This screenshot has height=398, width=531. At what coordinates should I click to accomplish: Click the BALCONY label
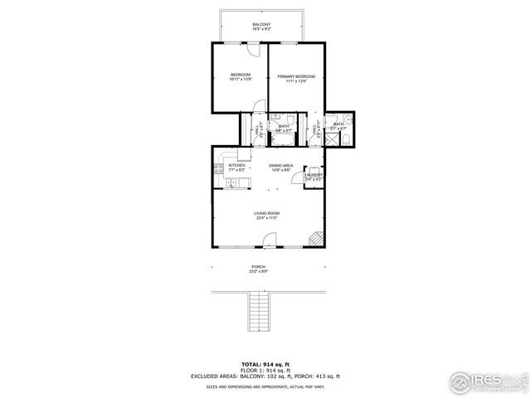[261, 27]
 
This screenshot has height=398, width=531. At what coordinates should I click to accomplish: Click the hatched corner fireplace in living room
[314, 239]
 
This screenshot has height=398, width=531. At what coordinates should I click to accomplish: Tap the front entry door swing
[269, 242]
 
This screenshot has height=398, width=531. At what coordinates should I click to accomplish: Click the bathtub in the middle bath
[283, 118]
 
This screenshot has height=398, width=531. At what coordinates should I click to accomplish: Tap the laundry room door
[316, 164]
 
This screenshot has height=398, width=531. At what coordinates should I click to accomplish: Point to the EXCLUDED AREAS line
[265, 376]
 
